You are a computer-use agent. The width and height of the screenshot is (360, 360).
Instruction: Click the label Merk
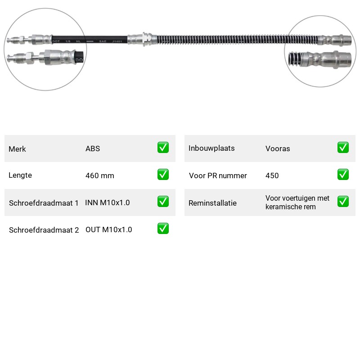pyautogui.click(x=17, y=149)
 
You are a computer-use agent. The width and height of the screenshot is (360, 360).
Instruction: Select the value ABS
pyautogui.click(x=93, y=148)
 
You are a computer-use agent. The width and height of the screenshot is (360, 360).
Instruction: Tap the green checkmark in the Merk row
pyautogui.click(x=163, y=148)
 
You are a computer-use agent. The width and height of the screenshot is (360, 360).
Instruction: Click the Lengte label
pyautogui.click(x=20, y=175)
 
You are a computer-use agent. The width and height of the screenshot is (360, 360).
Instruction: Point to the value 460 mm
pyautogui.click(x=99, y=175)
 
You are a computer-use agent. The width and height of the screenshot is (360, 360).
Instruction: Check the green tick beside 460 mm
pyautogui.click(x=163, y=175)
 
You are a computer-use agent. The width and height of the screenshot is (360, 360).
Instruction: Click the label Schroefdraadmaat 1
pyautogui.click(x=44, y=203)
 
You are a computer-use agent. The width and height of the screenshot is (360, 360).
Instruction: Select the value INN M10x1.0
pyautogui.click(x=108, y=202)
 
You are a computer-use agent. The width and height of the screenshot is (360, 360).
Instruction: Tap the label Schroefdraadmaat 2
pyautogui.click(x=44, y=230)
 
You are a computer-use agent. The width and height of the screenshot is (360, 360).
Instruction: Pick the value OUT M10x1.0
pyautogui.click(x=108, y=229)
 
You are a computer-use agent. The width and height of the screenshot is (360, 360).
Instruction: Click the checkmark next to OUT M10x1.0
pyautogui.click(x=163, y=229)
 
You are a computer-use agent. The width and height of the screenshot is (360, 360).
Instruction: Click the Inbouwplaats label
pyautogui.click(x=211, y=148)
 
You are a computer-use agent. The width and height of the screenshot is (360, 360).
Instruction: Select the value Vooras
pyautogui.click(x=278, y=148)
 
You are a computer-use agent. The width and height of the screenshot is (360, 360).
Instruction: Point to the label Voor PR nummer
pyautogui.click(x=218, y=175)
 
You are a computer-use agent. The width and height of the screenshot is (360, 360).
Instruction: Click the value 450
pyautogui.click(x=272, y=175)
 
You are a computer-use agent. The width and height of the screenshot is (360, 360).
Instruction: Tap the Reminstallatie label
pyautogui.click(x=212, y=203)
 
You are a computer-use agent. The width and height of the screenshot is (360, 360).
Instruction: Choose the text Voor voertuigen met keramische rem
pyautogui.click(x=297, y=202)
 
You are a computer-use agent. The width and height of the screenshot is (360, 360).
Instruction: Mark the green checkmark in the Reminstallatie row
pyautogui.click(x=343, y=201)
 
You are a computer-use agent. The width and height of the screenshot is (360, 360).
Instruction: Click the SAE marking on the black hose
pyautogui.click(x=103, y=41)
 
